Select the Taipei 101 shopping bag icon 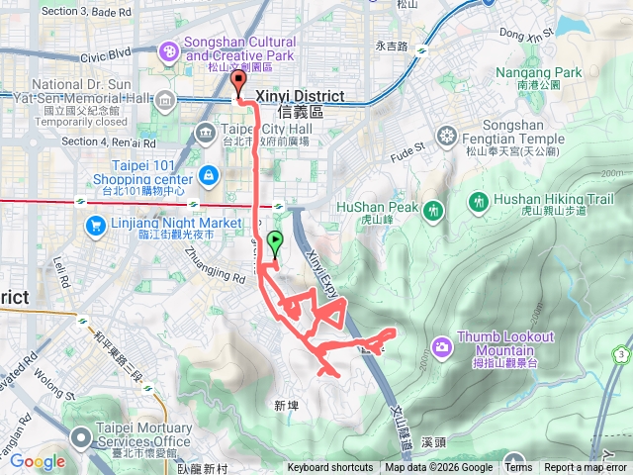[x=209, y=176]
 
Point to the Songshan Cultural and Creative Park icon [x=169, y=50]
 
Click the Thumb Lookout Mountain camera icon [x=441, y=345]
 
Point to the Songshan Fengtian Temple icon [x=449, y=135]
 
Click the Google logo [x=37, y=461]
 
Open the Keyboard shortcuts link [x=330, y=468]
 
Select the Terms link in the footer [x=518, y=468]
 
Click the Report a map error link [x=586, y=468]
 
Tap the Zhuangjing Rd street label [x=214, y=264]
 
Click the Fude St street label [x=406, y=149]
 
